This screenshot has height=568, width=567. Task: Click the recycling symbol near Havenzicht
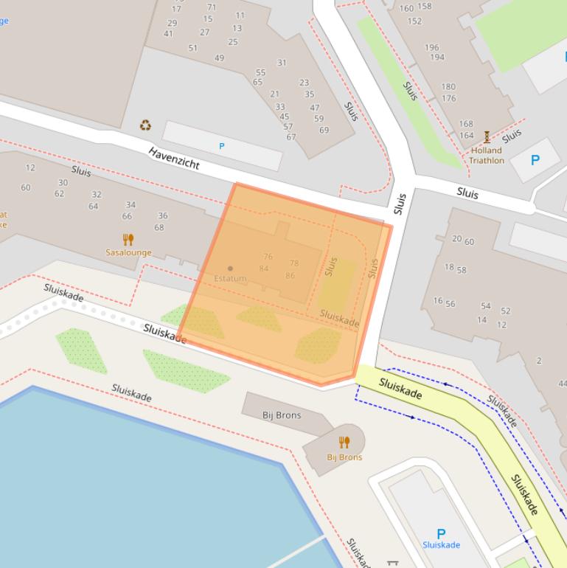[145, 125]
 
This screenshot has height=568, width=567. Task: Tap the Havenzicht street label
[174, 158]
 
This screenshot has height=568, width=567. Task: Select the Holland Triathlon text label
[487, 156]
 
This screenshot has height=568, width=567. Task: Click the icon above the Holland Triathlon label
[487, 137]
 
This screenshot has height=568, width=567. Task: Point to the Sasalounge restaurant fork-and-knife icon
[128, 240]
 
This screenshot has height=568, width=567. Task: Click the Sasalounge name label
[128, 252]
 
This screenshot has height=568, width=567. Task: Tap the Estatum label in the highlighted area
[230, 278]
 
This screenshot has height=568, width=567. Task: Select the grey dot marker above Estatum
[231, 269]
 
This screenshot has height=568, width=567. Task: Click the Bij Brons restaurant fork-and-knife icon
[344, 443]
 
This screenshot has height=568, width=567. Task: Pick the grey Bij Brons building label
[282, 415]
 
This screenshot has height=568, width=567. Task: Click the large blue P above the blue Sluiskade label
[441, 533]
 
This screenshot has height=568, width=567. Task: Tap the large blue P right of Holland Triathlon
[535, 160]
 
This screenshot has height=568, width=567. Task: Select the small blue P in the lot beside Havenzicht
[221, 147]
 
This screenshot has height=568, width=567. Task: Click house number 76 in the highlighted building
[268, 257]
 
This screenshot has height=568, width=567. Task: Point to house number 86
[290, 276]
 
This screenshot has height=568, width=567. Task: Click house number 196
[432, 48]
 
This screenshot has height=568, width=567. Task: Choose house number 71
[212, 7]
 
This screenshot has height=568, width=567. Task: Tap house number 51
[193, 48]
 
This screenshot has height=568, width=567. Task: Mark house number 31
[282, 63]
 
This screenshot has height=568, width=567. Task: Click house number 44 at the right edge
[562, 384]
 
